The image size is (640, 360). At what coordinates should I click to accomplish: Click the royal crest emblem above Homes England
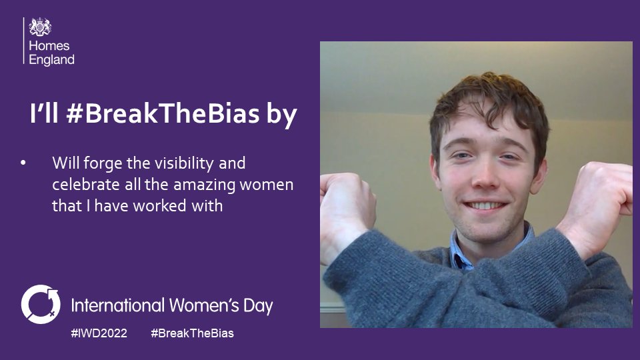click(x=41, y=27)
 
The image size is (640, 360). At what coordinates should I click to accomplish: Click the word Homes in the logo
click(x=48, y=47)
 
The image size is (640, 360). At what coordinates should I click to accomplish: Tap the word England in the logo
click(x=52, y=59)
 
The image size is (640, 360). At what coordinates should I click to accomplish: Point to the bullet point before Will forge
click(x=25, y=163)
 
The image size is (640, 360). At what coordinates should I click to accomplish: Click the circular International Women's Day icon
click(x=40, y=303)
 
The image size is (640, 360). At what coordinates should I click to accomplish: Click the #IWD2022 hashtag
click(x=99, y=333)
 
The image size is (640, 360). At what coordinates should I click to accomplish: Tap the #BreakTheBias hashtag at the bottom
click(x=193, y=333)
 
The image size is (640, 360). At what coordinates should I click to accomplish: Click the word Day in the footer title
click(x=257, y=307)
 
